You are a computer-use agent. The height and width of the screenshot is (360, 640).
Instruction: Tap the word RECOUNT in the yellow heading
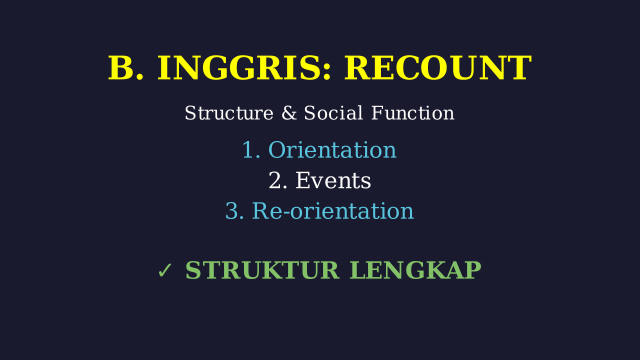pos(437,68)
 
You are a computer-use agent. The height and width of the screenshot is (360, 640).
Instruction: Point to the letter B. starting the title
pos(125,68)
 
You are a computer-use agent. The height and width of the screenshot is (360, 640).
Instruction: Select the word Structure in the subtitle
pos(229,113)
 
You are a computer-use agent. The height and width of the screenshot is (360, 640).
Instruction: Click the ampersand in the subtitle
pos(288,113)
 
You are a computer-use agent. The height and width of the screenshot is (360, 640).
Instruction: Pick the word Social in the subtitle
pos(333,113)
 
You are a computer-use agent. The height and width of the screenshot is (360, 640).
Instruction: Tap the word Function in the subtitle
pos(412,113)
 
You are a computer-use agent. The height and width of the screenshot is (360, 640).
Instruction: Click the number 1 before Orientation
pos(248,150)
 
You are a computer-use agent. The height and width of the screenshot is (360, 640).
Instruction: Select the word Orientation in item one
pos(332,150)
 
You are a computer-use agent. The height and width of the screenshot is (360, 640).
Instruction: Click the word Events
pos(333,180)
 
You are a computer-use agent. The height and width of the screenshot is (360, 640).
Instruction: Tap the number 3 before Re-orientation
pos(231,211)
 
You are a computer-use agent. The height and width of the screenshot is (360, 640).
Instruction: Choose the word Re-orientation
pos(333,211)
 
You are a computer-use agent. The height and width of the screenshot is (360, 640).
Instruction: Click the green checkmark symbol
pos(165,270)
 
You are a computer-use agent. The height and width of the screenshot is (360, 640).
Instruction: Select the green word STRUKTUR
pos(262,270)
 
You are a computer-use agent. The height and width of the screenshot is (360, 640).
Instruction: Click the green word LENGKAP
pos(415,270)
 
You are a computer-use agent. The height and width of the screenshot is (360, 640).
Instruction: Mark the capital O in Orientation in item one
pos(276,150)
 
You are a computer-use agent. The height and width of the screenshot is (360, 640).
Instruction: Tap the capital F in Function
pos(377,113)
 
